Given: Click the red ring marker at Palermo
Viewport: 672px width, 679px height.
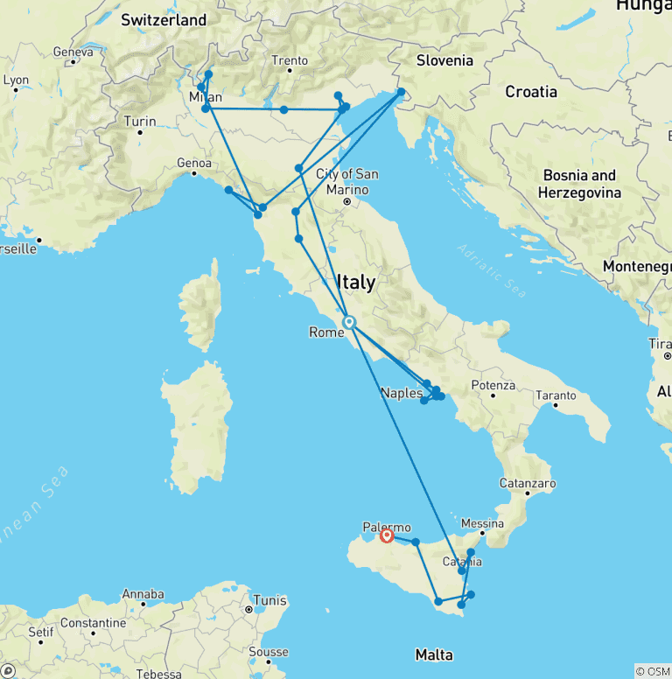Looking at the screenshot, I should [x=386, y=535].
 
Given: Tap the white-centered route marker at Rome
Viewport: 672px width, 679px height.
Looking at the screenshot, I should [x=349, y=323].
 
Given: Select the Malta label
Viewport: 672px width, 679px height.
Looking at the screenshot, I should [x=434, y=654].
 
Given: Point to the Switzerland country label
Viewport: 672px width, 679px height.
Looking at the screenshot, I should [x=164, y=19].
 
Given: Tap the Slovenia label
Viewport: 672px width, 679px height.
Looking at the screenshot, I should [x=444, y=60].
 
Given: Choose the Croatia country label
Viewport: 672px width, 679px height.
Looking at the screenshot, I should [x=530, y=91].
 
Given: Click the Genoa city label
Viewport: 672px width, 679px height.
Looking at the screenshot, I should [x=194, y=163].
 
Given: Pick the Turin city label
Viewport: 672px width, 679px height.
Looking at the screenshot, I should [x=140, y=122].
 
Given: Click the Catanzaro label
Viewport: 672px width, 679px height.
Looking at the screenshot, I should [x=528, y=483].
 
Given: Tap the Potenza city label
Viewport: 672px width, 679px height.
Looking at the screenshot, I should [x=493, y=385].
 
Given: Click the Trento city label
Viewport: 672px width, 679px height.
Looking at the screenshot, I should [x=290, y=60].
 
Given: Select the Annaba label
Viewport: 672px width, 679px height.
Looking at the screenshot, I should [x=143, y=594].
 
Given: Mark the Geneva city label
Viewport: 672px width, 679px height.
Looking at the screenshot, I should [x=73, y=52].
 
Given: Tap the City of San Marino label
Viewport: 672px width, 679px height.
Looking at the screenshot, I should [x=347, y=181].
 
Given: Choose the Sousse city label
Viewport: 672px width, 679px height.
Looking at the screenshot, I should [x=268, y=652].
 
